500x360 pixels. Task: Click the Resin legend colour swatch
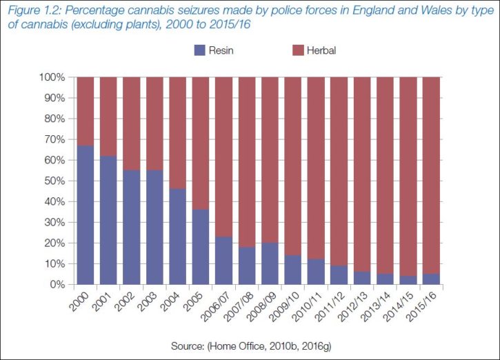(x=200, y=50)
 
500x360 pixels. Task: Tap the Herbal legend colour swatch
(x=299, y=50)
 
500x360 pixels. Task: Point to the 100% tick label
(x=52, y=77)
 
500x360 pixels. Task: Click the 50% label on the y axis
(x=54, y=181)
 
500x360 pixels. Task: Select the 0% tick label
(x=57, y=284)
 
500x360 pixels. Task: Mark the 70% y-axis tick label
(x=54, y=139)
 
